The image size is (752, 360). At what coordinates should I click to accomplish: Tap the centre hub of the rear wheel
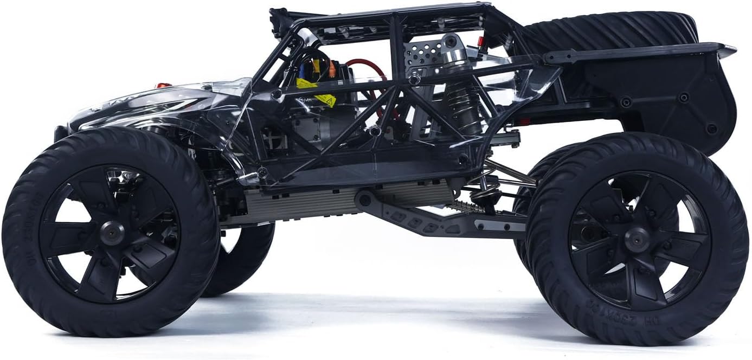click(x=638, y=239)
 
